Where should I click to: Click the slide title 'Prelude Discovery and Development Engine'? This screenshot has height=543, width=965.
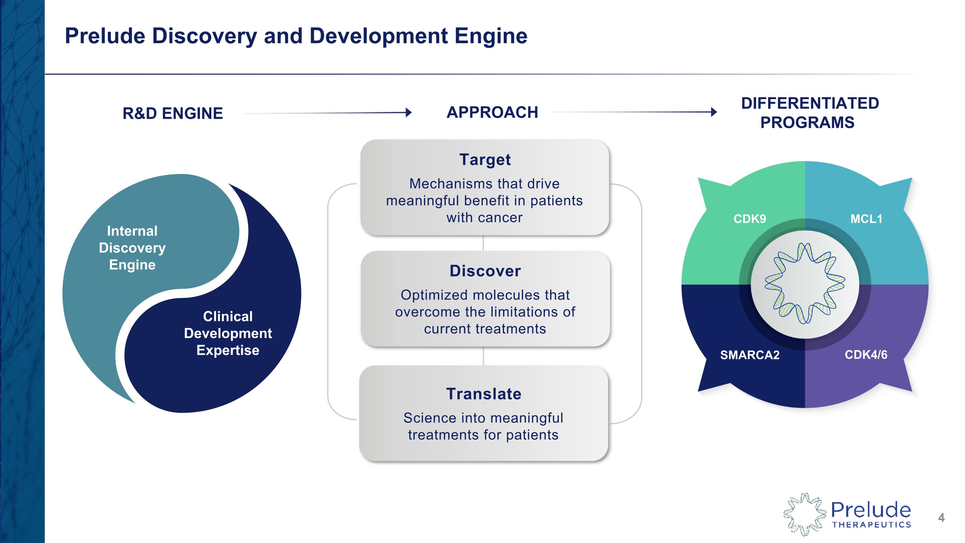(x=296, y=36)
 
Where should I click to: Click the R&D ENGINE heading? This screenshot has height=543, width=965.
(x=173, y=113)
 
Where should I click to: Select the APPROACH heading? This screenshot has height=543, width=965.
(x=492, y=112)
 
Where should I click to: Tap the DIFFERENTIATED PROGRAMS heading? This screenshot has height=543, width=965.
(x=810, y=113)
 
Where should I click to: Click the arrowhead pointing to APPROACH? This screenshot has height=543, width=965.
(x=409, y=112)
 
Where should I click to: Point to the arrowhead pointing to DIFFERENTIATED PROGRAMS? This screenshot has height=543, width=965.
(x=714, y=112)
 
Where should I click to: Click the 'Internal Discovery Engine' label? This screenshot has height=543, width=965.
(x=132, y=248)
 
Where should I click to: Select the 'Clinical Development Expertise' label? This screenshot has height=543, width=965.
(x=228, y=333)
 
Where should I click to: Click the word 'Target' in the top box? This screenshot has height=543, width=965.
(x=485, y=160)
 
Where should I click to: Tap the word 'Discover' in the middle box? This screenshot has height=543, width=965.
(x=485, y=271)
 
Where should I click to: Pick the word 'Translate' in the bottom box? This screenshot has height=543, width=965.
(x=483, y=394)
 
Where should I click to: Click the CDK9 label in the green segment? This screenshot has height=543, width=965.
(x=749, y=219)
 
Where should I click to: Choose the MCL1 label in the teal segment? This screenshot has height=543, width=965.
(x=866, y=219)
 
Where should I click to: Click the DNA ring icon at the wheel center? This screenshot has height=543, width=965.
(x=805, y=284)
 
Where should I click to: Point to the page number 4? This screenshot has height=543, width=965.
(x=941, y=518)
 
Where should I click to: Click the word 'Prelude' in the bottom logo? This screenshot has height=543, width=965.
(x=871, y=510)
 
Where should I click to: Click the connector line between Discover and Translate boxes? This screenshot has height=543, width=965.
(x=483, y=356)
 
